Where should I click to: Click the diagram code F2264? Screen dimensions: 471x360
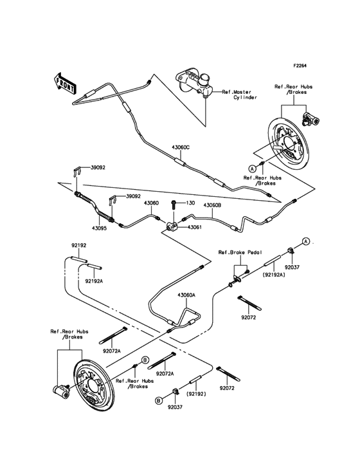click(x=301, y=66)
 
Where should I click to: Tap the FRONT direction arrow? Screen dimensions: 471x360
click(x=62, y=84)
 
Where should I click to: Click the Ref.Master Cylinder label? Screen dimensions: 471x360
click(x=240, y=95)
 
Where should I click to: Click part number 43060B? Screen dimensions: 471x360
click(x=212, y=205)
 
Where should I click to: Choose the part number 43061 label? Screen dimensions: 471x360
click(x=195, y=227)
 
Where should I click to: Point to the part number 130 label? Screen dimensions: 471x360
click(x=190, y=203)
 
